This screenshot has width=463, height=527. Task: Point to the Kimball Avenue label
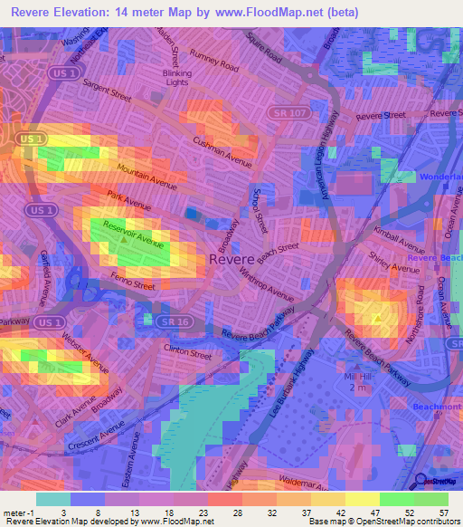pos(399,240)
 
